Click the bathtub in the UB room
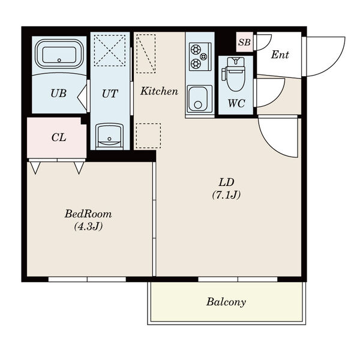pos(59,54)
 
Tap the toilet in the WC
pos(234,74)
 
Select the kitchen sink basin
pos(200,99)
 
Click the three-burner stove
pos(200,56)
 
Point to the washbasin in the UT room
pos(109,136)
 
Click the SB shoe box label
pos(244,42)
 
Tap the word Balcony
pos(226,302)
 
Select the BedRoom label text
pos(88,214)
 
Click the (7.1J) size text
pos(226,195)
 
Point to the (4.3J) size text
pos(88,227)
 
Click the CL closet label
pos(59,137)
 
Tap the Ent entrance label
pos(280,55)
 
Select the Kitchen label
pos(159,91)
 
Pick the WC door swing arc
pos(277,100)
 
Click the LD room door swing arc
pos(269,146)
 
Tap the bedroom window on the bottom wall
pos(87,279)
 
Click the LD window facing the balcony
pos(238,279)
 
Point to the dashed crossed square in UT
pos(110,50)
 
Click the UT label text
pos(110,94)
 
